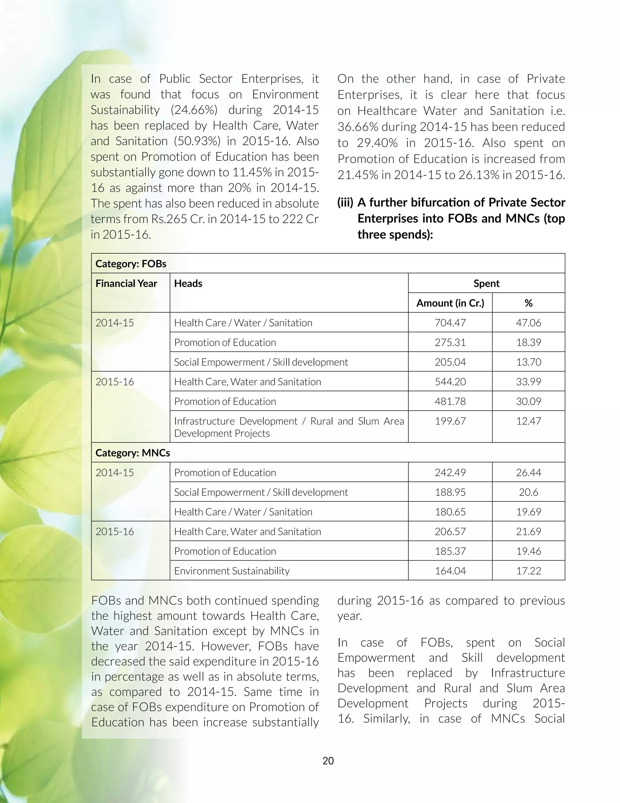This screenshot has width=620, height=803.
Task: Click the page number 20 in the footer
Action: point(328,761)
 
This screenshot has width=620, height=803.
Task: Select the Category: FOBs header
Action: point(131,264)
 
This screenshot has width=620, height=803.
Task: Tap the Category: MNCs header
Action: point(133,453)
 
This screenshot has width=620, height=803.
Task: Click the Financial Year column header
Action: point(126,284)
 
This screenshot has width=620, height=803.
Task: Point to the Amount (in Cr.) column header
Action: point(450,303)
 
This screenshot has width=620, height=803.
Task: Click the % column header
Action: point(528,303)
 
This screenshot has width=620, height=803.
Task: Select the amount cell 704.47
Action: point(450,323)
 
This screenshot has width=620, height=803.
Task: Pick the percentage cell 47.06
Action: point(528,323)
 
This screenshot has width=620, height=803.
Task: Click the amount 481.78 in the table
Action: point(450,401)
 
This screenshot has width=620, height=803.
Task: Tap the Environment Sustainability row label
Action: point(232,571)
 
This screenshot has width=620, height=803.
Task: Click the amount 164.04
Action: point(450,571)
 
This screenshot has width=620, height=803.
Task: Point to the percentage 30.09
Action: point(528,401)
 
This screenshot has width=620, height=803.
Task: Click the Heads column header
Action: point(188,284)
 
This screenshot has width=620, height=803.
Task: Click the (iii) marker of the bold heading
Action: point(345,203)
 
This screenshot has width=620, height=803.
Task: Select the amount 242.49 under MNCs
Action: point(450,472)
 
